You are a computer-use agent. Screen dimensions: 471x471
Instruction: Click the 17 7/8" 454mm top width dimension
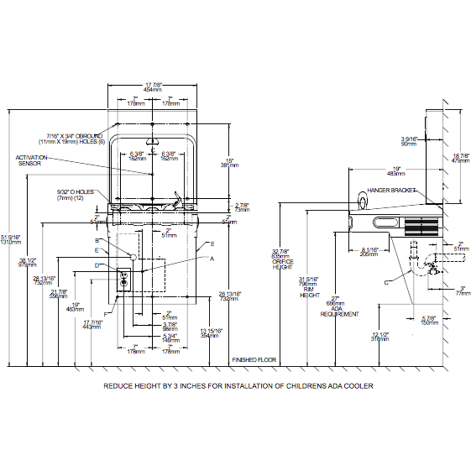(152, 86)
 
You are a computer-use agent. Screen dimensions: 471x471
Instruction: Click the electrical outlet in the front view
(123, 279)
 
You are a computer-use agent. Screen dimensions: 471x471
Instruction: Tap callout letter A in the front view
(212, 259)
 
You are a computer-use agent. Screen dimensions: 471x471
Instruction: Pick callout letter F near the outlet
(105, 290)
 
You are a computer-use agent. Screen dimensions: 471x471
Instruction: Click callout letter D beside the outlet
(97, 265)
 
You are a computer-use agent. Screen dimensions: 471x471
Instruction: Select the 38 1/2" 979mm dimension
(26, 262)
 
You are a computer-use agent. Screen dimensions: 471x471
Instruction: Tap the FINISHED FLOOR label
(254, 359)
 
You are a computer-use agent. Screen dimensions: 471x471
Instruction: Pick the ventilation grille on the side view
(419, 227)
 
